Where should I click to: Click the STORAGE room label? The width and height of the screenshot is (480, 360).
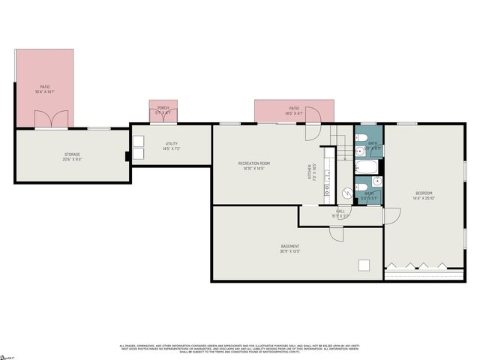tap(72, 154)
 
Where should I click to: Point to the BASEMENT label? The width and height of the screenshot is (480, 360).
tap(290, 247)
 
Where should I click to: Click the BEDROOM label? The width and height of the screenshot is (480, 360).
tap(424, 193)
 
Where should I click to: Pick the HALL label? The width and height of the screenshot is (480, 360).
tap(340, 211)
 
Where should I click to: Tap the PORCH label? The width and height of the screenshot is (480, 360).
tap(163, 107)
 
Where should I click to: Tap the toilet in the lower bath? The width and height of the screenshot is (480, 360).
tap(360, 187)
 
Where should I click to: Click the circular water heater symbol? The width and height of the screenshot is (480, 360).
tap(346, 193)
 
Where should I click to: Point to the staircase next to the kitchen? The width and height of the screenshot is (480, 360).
tap(340, 150)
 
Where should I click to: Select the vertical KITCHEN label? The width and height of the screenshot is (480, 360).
tap(308, 171)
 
